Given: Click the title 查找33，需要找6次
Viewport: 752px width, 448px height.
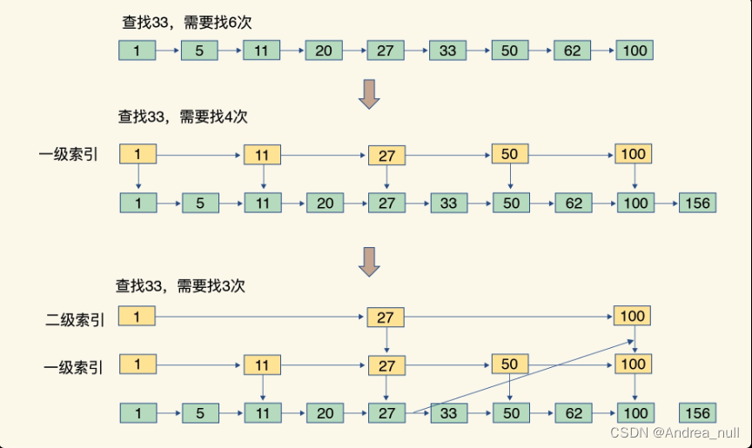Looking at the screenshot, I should (183, 23).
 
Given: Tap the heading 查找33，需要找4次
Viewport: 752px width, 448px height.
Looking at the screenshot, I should (183, 117).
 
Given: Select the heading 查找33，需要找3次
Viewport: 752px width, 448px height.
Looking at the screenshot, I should (181, 284).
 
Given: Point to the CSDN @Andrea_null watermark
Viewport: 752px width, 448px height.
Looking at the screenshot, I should (675, 432).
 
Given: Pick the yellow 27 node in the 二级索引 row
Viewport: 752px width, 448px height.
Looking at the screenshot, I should (386, 318).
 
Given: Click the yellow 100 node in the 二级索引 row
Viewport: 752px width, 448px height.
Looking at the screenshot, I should (632, 315).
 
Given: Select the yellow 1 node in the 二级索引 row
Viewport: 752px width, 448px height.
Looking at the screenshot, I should (137, 315).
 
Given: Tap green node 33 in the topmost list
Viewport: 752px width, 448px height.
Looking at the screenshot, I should (447, 50).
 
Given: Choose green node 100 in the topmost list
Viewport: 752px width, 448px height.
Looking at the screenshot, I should (634, 50).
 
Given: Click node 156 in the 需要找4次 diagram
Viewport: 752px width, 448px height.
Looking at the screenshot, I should (697, 204).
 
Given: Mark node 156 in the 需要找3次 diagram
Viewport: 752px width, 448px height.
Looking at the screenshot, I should (697, 412).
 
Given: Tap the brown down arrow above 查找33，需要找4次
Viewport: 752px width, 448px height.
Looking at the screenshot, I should (370, 93).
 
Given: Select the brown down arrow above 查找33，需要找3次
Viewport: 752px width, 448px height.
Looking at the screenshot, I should (370, 260).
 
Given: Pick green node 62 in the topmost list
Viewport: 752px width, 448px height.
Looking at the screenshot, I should (572, 50).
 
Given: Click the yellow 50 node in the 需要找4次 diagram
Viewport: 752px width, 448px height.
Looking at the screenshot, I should (509, 155).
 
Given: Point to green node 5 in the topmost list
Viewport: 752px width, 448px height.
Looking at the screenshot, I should (199, 50).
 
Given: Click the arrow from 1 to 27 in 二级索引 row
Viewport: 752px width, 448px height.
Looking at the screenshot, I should (261, 316).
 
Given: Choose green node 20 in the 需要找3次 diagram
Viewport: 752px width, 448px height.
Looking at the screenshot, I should (324, 412).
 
